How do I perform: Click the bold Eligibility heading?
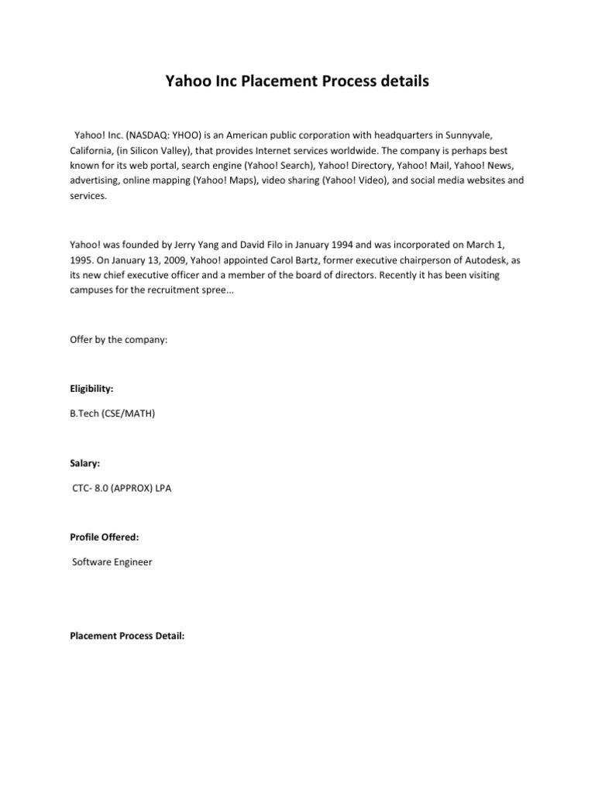pyautogui.click(x=91, y=390)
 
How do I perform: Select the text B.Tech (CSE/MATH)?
pyautogui.click(x=112, y=414)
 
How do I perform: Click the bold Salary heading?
pyautogui.click(x=84, y=463)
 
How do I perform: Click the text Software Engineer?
pyautogui.click(x=112, y=561)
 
